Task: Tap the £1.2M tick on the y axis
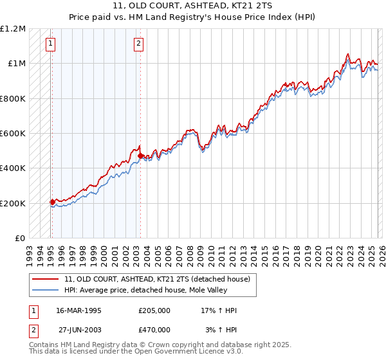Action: [13, 29]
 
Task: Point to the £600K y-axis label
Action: [13, 134]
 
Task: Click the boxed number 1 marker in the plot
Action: [51, 44]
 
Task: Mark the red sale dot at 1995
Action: [52, 203]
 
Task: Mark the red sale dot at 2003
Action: [140, 156]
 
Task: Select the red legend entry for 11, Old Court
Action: [161, 279]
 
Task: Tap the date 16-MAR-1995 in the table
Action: [78, 310]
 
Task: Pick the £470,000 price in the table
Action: [154, 329]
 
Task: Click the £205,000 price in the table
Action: [154, 310]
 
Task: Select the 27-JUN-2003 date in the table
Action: [78, 329]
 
